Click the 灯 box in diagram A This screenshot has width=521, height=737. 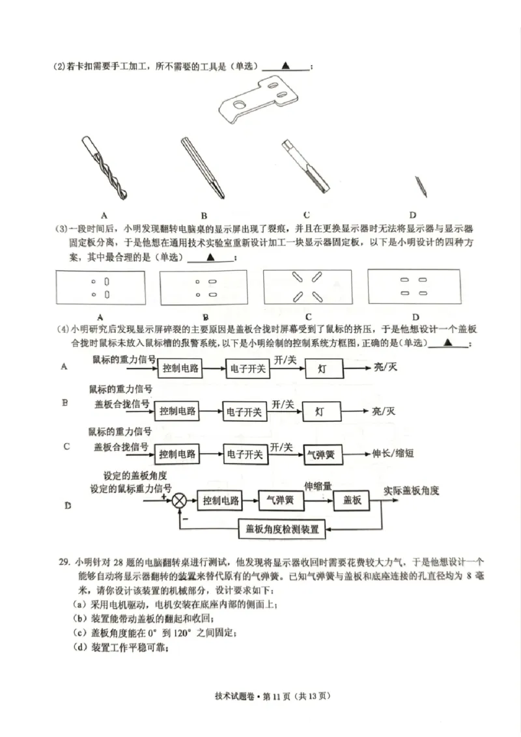click(x=322, y=368)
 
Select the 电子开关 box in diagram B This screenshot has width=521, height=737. click(x=243, y=411)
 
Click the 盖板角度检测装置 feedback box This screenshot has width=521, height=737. click(x=283, y=529)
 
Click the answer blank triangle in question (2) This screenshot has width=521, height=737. click(x=286, y=65)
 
